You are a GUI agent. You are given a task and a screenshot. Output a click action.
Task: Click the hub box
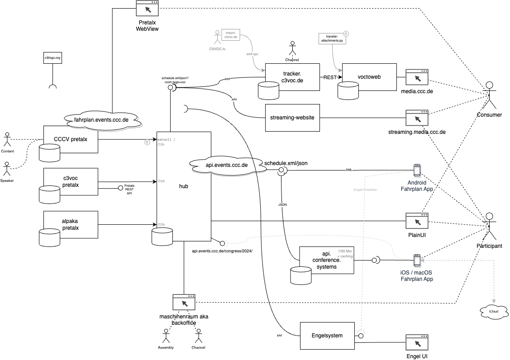[x=184, y=186]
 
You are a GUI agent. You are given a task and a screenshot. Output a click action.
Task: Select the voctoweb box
[x=369, y=77]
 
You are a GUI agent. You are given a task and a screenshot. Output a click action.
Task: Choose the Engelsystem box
[x=327, y=336]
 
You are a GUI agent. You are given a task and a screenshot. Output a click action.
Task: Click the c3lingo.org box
[x=52, y=58]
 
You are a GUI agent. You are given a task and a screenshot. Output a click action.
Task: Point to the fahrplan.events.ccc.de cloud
[x=101, y=120]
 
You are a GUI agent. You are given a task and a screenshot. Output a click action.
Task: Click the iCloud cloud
[x=492, y=311]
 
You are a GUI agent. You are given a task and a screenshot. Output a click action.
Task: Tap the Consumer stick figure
[x=489, y=94]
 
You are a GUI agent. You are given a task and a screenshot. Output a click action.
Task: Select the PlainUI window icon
[x=417, y=221]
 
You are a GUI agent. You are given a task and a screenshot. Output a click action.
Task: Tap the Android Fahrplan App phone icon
[x=417, y=170]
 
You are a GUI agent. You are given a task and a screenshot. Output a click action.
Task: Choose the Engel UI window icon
[x=417, y=343]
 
